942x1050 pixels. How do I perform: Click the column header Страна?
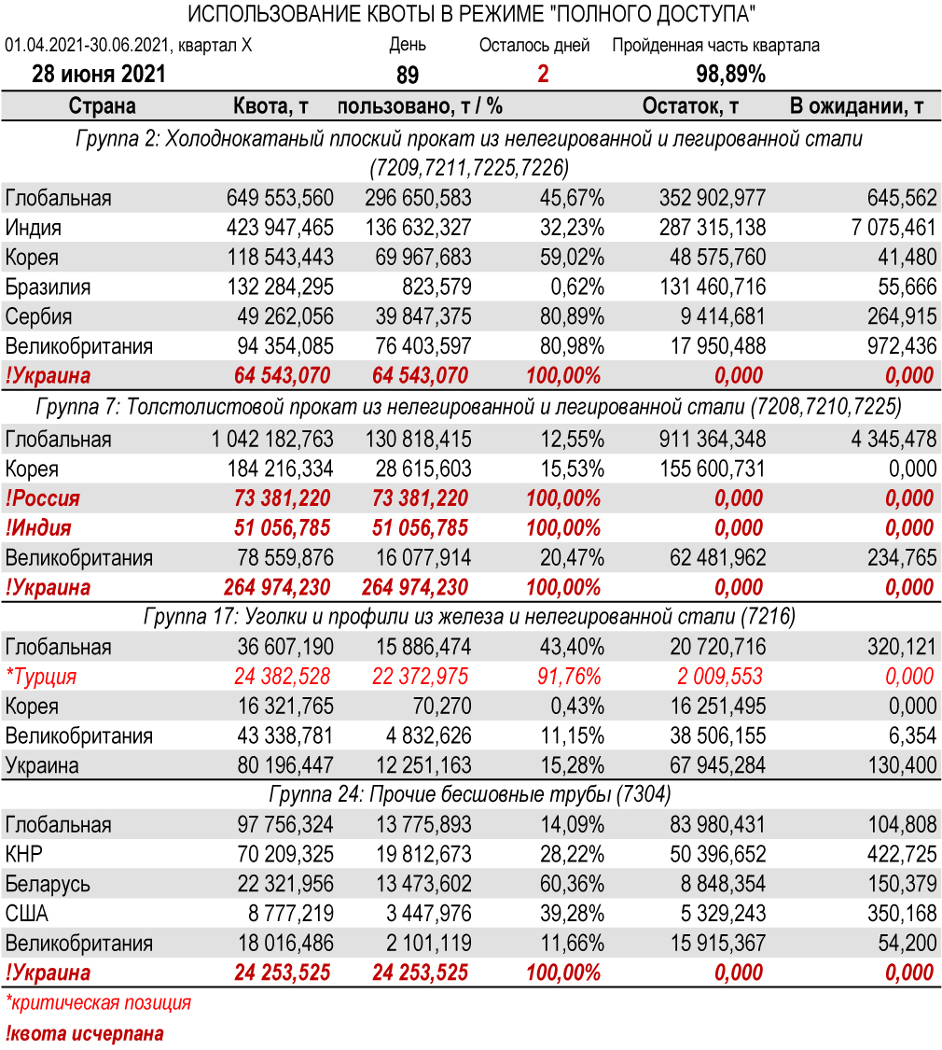point(103,106)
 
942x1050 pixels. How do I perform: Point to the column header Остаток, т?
point(690,106)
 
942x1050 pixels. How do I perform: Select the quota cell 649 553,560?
point(280,198)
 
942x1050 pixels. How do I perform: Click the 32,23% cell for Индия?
point(573,228)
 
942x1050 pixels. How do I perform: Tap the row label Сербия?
point(38,316)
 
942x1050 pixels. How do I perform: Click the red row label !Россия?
point(43,498)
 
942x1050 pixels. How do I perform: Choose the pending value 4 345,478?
point(894,440)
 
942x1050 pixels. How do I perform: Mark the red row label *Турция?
point(41,677)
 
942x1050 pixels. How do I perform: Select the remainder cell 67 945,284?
point(718,765)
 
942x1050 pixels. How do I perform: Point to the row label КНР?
point(24,854)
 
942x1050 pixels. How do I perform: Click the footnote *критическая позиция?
point(98,1003)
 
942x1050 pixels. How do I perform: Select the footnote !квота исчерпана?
point(85,1033)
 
